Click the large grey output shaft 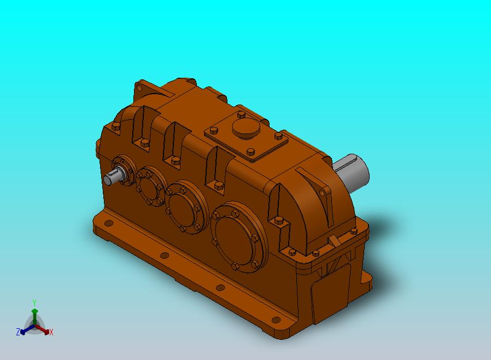point(352,171)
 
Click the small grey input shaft point(113,177)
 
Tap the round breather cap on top point(247,129)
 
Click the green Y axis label point(34,303)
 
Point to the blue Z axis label point(18,332)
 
